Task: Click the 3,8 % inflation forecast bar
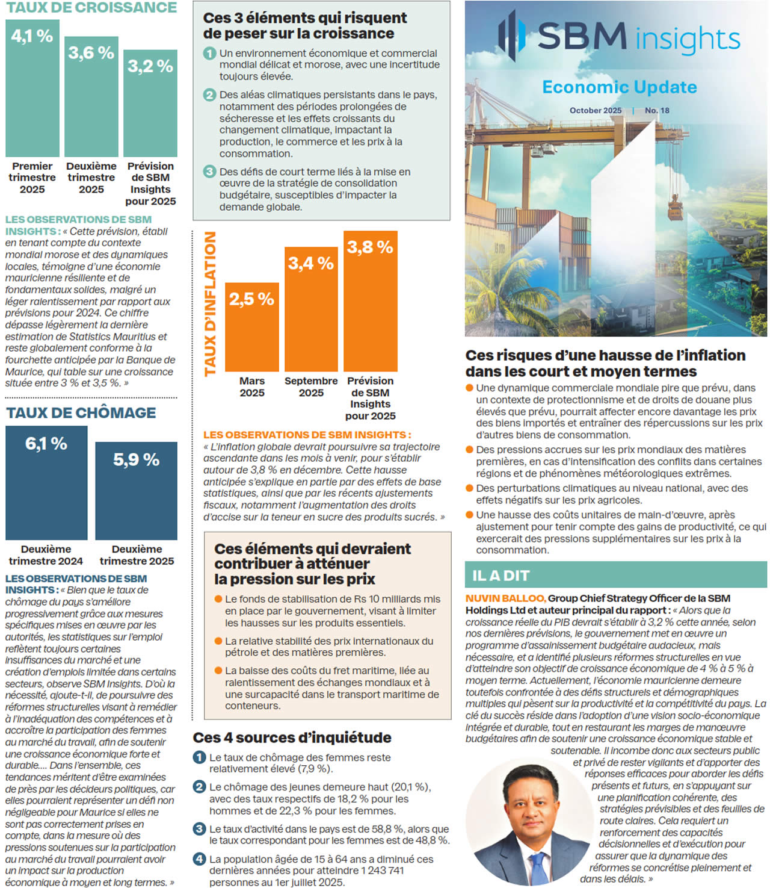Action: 370,301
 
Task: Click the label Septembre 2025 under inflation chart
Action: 311,387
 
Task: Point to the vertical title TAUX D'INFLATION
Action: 210,304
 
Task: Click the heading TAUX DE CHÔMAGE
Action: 81,413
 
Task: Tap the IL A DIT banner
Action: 615,575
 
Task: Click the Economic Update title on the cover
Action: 619,87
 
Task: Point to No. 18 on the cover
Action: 657,111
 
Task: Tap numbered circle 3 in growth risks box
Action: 209,172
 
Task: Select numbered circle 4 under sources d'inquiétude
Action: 200,859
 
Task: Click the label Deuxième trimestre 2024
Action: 46,555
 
